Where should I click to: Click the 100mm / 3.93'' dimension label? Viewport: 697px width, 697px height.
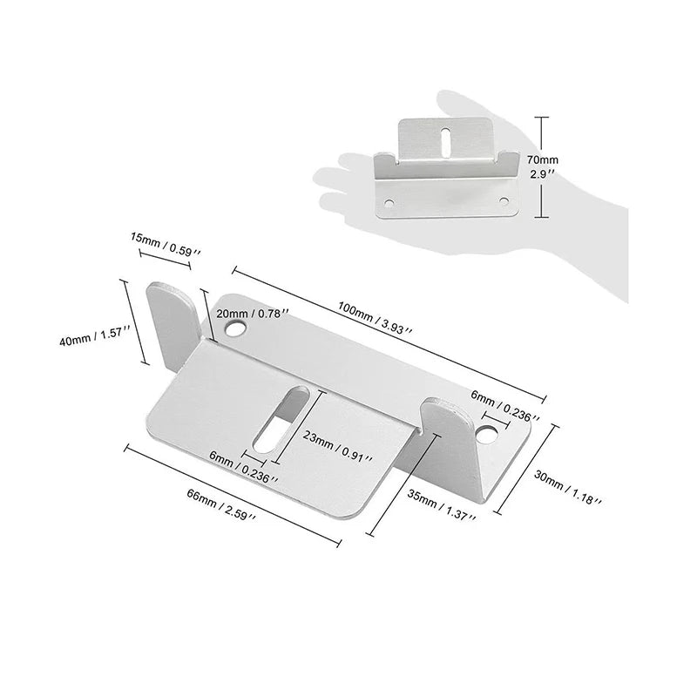coord(376,317)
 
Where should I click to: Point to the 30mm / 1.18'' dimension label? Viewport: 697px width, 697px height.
coord(568,488)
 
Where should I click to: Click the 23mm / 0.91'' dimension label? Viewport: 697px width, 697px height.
coord(337,446)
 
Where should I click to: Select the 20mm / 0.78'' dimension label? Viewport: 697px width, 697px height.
coord(253,313)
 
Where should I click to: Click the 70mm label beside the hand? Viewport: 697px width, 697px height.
coord(542,159)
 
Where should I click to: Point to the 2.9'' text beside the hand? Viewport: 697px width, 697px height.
coord(542,173)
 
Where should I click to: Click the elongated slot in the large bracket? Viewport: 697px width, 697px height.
coord(281,420)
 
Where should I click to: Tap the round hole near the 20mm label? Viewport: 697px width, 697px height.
coord(235,329)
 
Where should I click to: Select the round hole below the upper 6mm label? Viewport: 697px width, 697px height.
coord(487,435)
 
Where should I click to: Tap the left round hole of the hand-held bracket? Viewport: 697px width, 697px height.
coord(389,204)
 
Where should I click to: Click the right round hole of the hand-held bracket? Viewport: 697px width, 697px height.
coord(504,201)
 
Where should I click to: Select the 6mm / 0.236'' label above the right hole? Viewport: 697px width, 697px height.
coord(505,406)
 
